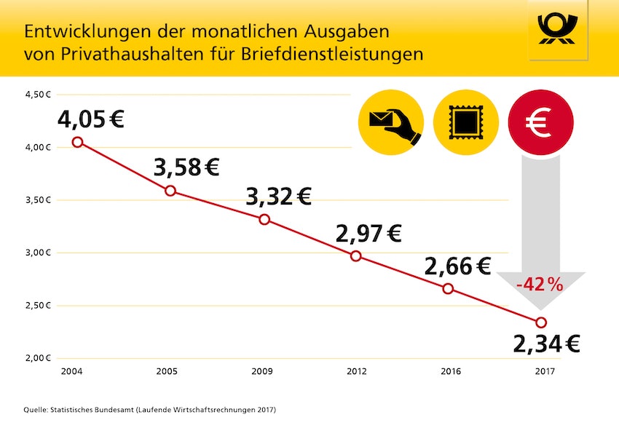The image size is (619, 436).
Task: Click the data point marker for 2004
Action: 77,142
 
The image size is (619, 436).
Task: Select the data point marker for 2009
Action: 264,219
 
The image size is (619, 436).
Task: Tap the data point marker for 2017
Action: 541,322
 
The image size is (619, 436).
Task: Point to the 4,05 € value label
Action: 91,118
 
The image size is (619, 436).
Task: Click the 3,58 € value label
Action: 186,167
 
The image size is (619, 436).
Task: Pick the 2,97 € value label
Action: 368,233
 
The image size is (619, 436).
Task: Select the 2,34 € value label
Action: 546,344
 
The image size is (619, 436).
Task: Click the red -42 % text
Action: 540,285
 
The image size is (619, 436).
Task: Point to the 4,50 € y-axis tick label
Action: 37,95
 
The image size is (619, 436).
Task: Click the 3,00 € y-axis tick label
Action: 37,253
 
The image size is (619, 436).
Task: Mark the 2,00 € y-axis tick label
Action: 37,358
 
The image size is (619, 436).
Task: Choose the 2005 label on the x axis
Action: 167,372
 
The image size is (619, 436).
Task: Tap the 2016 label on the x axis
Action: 451,372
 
